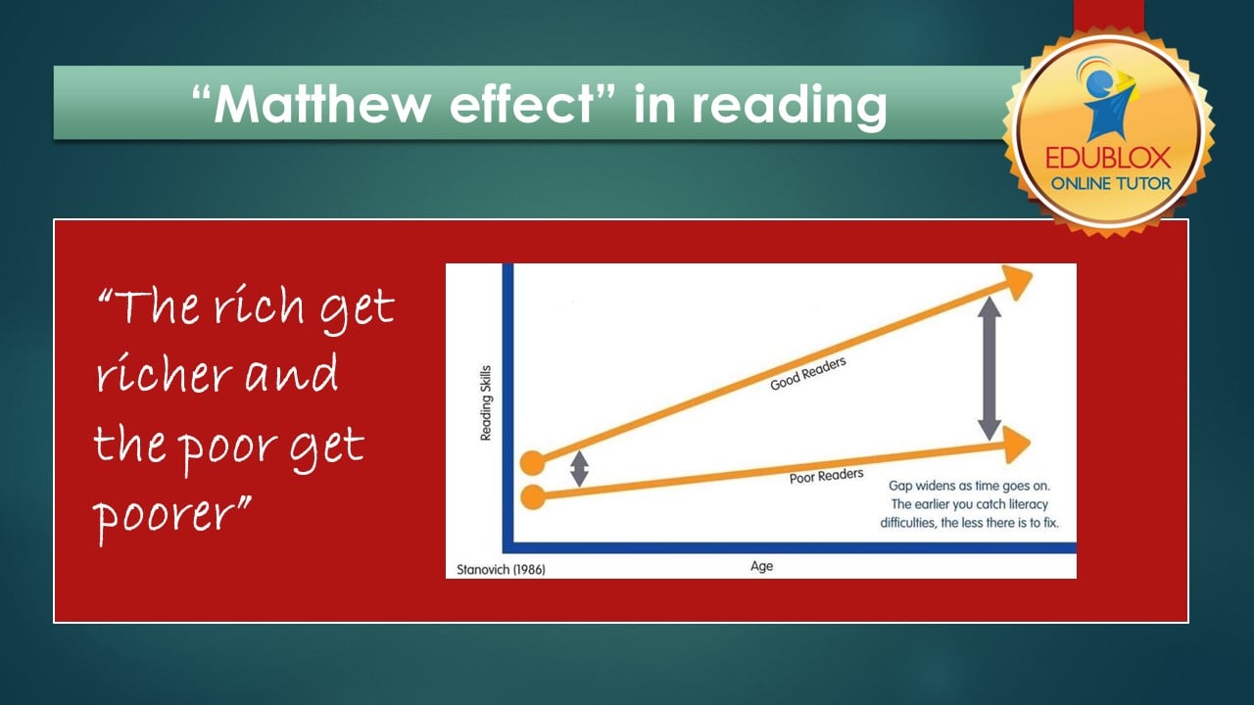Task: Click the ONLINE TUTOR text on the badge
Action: click(1109, 183)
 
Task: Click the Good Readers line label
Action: click(808, 374)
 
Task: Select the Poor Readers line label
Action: click(826, 476)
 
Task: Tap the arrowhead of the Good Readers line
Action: click(1015, 282)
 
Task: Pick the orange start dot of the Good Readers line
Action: click(532, 463)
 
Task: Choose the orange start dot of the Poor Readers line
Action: click(532, 496)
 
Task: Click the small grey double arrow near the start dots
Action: click(579, 468)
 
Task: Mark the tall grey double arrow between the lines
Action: click(989, 368)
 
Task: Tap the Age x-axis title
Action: click(761, 566)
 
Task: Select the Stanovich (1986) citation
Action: click(501, 569)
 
